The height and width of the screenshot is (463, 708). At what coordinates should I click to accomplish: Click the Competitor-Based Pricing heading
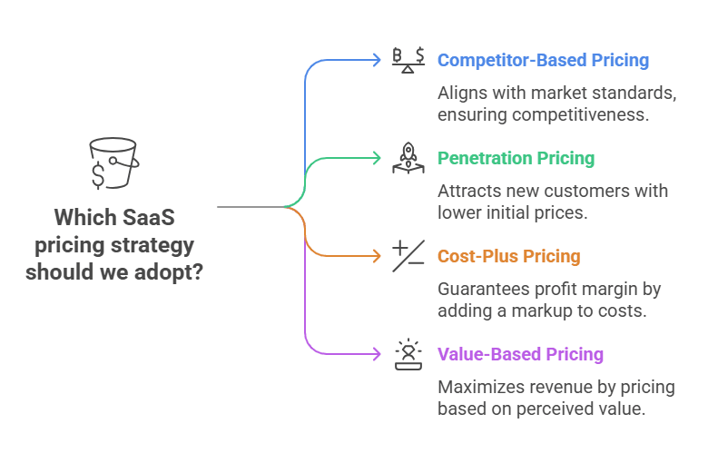(x=543, y=61)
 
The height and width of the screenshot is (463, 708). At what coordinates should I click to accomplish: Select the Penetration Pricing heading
(x=516, y=159)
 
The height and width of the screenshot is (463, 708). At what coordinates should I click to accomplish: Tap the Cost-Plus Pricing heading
(x=508, y=257)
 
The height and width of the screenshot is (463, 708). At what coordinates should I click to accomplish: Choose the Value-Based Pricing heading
(x=520, y=355)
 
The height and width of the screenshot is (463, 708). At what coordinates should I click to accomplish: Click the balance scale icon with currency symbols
(x=408, y=60)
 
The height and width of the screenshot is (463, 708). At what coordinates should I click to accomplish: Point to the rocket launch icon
(x=408, y=158)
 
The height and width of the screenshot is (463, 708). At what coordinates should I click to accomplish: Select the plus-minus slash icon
(x=408, y=256)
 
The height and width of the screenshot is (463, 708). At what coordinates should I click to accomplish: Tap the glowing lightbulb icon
(x=408, y=354)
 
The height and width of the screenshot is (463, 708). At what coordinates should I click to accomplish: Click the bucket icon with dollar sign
(x=113, y=163)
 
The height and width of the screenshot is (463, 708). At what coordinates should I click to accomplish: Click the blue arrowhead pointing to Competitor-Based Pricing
(x=377, y=60)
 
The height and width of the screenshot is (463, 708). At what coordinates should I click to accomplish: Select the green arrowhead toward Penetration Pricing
(x=377, y=158)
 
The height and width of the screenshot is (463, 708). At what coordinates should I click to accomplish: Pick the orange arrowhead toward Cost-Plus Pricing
(x=377, y=256)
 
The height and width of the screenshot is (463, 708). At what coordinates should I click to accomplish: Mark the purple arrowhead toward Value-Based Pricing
(x=377, y=354)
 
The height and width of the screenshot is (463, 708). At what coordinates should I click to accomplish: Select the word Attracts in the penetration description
(x=468, y=192)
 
